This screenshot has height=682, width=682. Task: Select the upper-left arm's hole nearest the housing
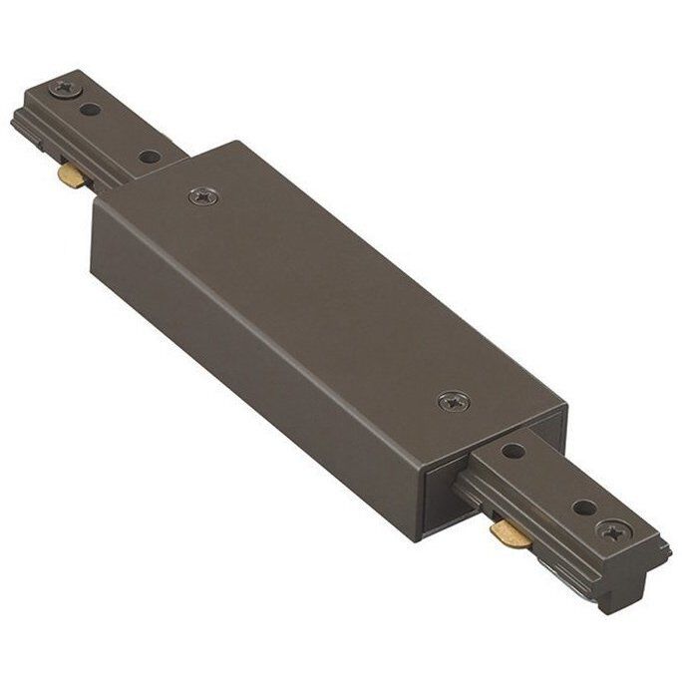point(148,157)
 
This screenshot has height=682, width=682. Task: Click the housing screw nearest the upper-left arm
point(204,196)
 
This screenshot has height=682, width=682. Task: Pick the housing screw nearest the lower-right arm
point(452,402)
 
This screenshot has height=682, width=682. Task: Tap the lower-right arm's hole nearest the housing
point(513,452)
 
